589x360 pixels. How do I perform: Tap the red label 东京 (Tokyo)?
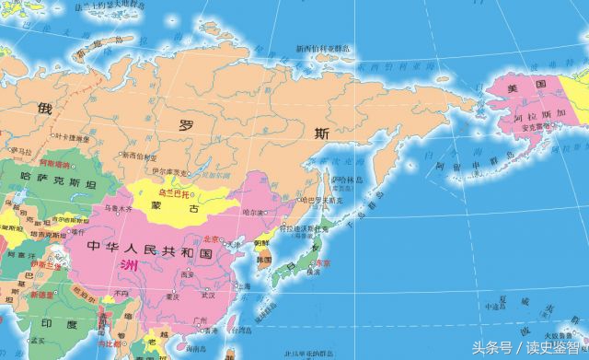click(319, 263)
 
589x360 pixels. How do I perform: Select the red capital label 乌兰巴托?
click(175, 195)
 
